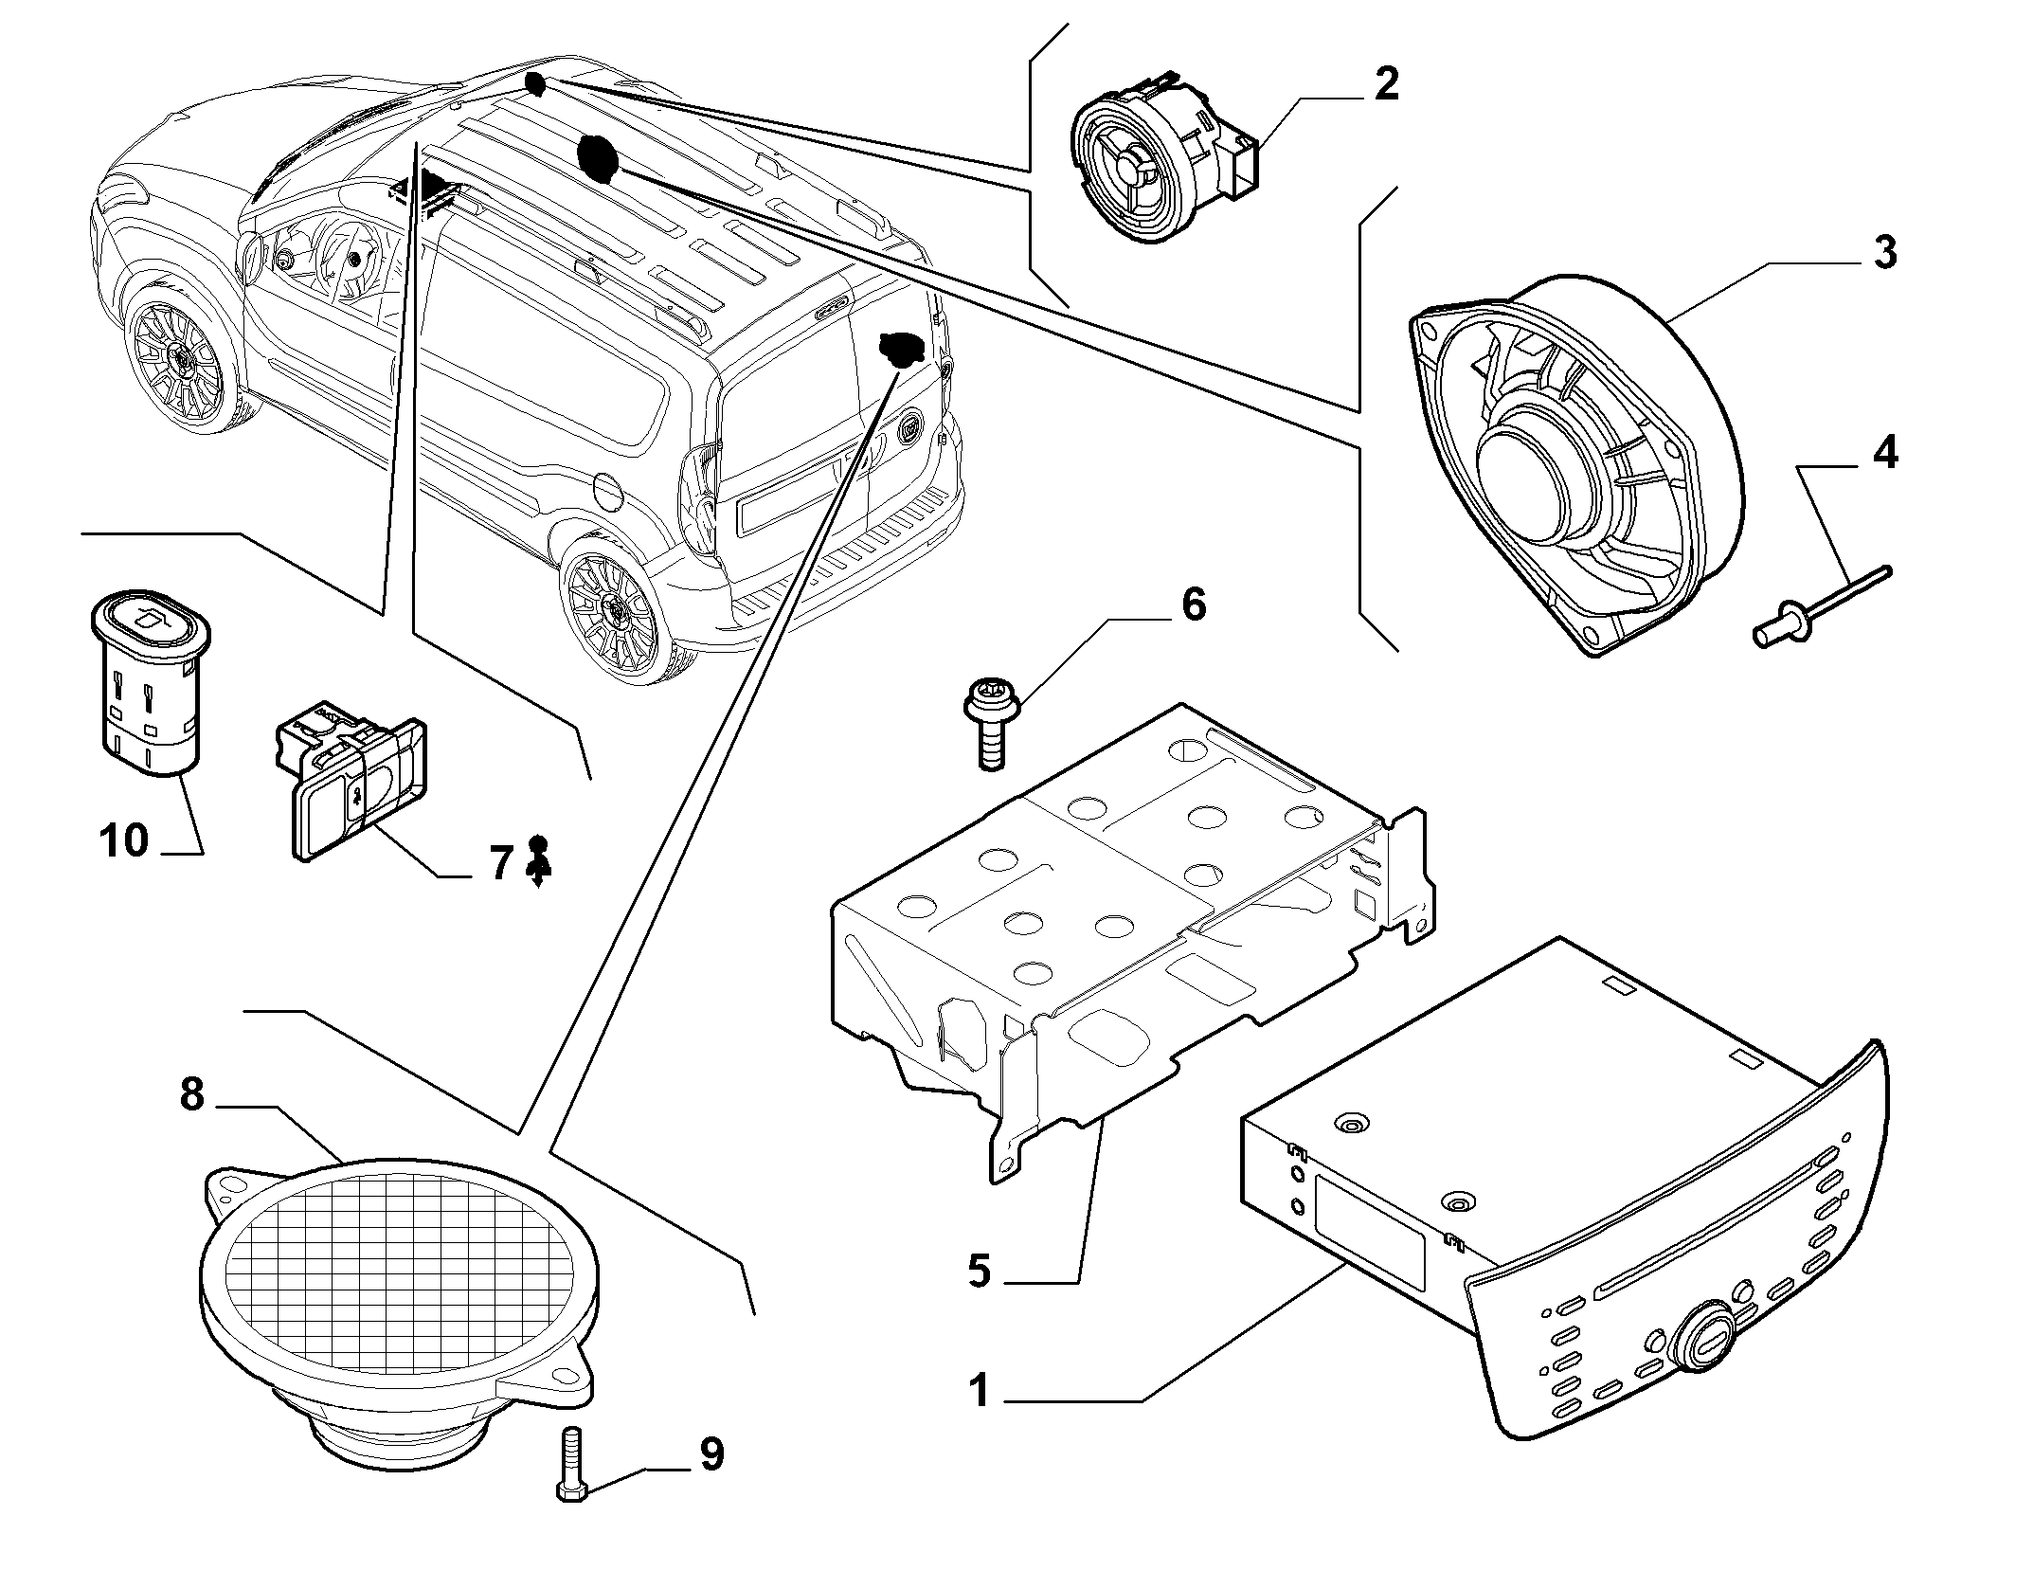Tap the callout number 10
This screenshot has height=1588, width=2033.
point(124,839)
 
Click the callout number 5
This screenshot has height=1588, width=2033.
point(980,1271)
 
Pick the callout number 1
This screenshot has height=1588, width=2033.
point(980,1392)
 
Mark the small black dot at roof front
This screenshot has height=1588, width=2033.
point(533,83)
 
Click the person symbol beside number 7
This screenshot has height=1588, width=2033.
point(538,860)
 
